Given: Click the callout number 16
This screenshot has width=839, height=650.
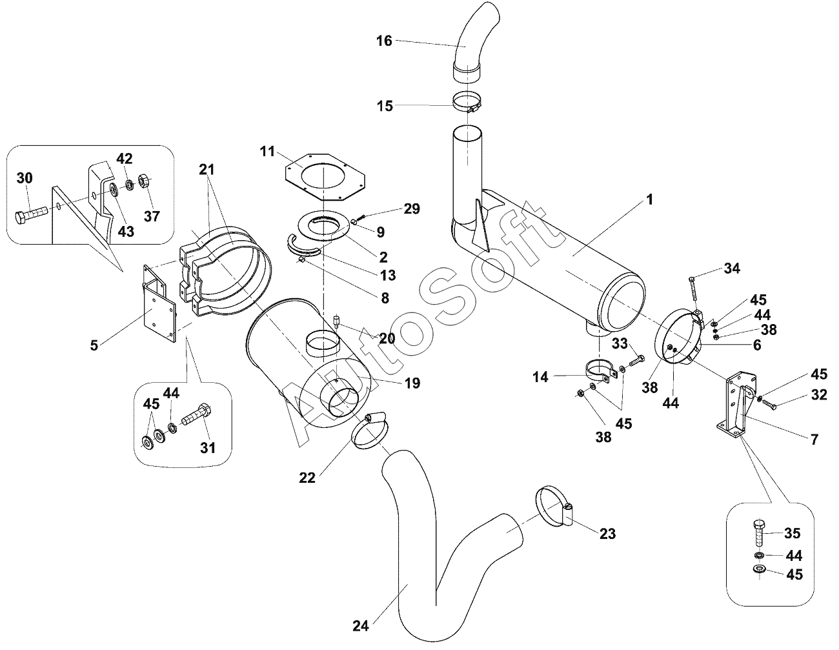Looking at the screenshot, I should pos(384,41).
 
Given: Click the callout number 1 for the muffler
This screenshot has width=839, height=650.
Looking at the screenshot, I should pos(649,200).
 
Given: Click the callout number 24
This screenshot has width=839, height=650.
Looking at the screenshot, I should pos(360,625).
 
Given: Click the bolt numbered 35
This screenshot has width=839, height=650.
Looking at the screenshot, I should pos(760,533).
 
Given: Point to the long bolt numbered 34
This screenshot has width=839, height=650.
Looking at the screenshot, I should pos(693,289).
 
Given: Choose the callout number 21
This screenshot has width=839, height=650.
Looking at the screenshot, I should pos(206,170).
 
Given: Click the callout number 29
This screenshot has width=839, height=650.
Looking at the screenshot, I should pos(412,208).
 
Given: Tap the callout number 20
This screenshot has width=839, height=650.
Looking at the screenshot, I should pos(387,339).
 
